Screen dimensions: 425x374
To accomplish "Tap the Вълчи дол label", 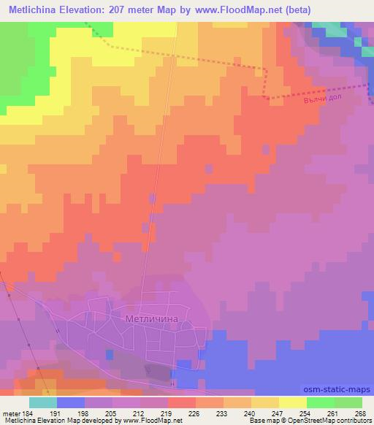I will coord(324,99).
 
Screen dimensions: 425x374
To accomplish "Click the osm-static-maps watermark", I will coord(338,390).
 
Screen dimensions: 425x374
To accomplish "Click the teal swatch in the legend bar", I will coord(43,402).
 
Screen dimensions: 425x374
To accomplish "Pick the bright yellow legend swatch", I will coord(293,402).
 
